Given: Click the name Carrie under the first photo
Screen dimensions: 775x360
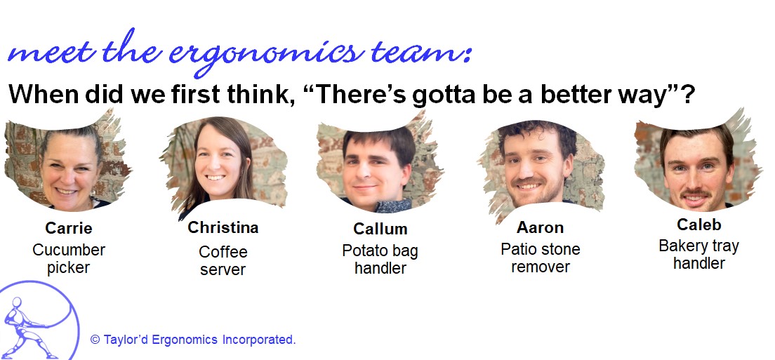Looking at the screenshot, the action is coord(69,228).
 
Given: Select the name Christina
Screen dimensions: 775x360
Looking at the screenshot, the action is coord(223,227).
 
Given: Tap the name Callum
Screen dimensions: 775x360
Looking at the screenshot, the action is coord(380,229).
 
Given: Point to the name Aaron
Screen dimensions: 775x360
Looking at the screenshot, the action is coord(541,227).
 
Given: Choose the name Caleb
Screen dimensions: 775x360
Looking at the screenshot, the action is coord(699,225).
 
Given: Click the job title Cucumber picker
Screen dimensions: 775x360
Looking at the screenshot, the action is coord(69,259).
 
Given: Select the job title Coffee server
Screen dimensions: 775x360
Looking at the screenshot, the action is coord(223,261).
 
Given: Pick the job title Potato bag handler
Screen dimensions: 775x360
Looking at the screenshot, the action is coord(380,259).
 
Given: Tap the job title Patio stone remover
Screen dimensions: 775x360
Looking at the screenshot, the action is coord(541,258).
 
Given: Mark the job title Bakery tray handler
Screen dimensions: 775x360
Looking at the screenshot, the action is coord(699,254).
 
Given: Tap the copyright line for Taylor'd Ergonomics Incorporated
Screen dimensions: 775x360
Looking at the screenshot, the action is coord(193,340).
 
